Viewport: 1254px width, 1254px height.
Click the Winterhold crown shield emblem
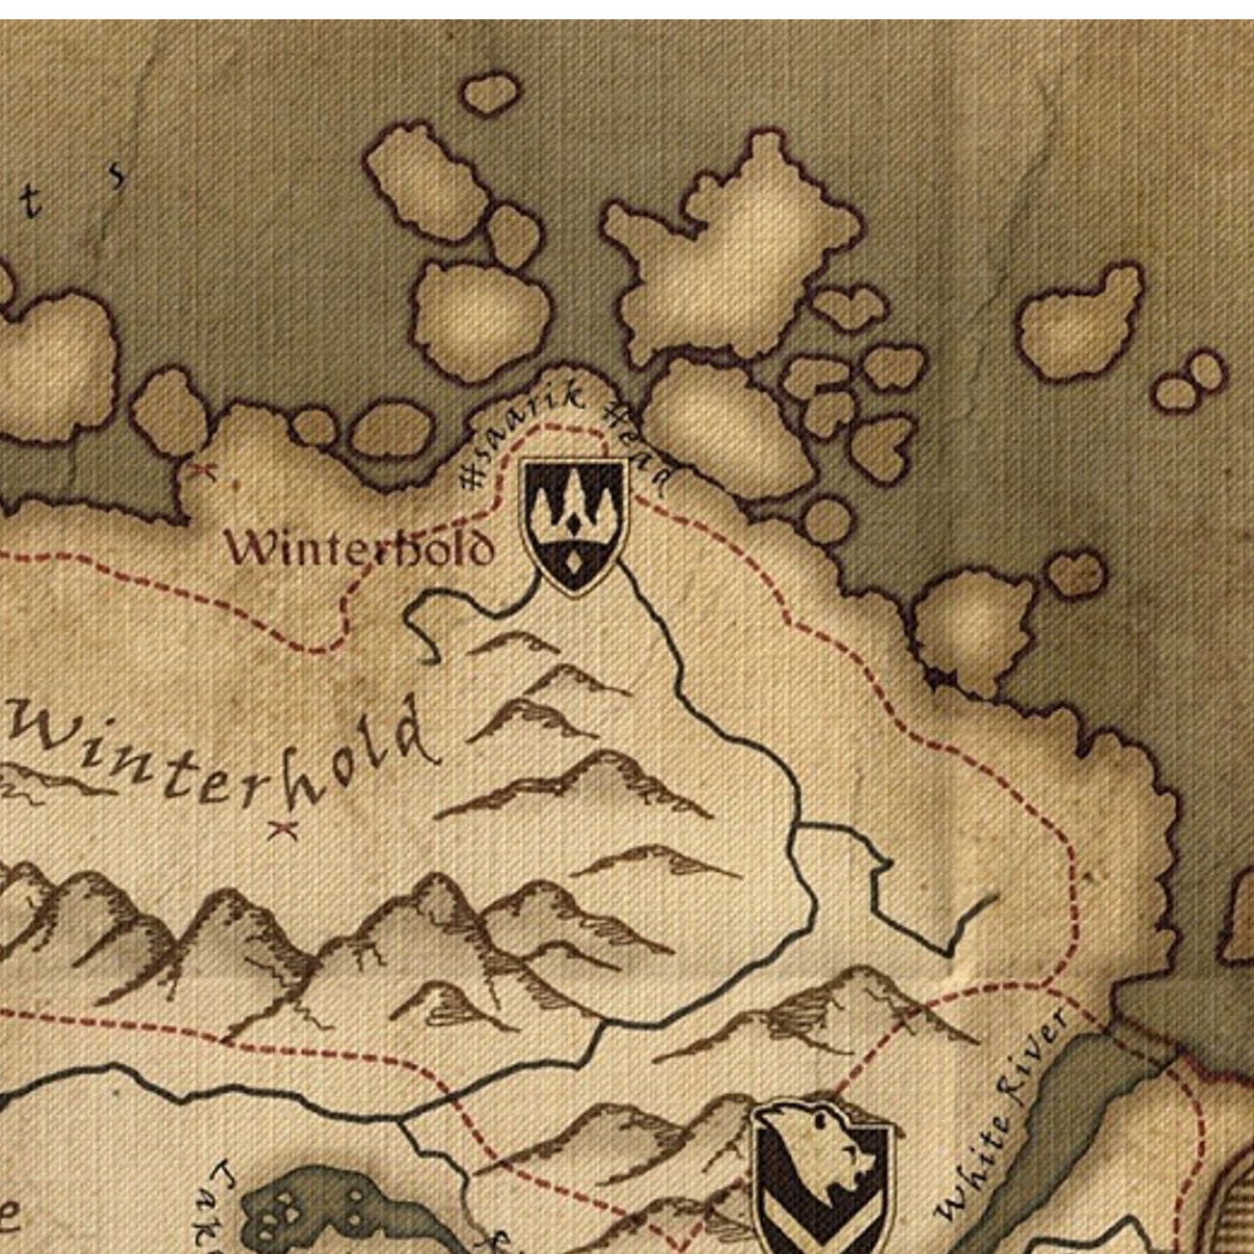575,523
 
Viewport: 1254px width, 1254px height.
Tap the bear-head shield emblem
822,1177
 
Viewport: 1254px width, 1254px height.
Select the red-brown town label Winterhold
359,548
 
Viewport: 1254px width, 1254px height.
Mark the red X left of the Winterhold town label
201,471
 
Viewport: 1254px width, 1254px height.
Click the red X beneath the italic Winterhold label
283,828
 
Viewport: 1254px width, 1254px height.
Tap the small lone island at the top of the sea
490,95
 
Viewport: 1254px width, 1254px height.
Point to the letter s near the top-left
116,176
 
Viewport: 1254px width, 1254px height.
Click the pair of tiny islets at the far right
1189,381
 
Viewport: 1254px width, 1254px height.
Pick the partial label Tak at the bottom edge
220,1206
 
